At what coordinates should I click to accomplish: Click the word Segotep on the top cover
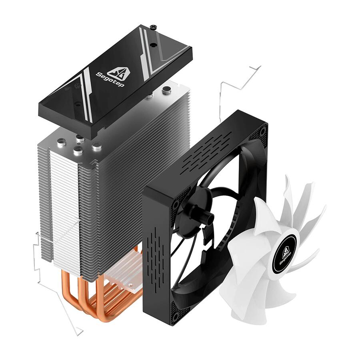[110, 80]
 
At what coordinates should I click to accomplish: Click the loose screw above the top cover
[153, 27]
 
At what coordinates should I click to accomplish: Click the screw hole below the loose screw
[152, 45]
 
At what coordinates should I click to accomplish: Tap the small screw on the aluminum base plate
[131, 286]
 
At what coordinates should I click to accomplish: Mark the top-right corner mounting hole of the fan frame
[263, 132]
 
